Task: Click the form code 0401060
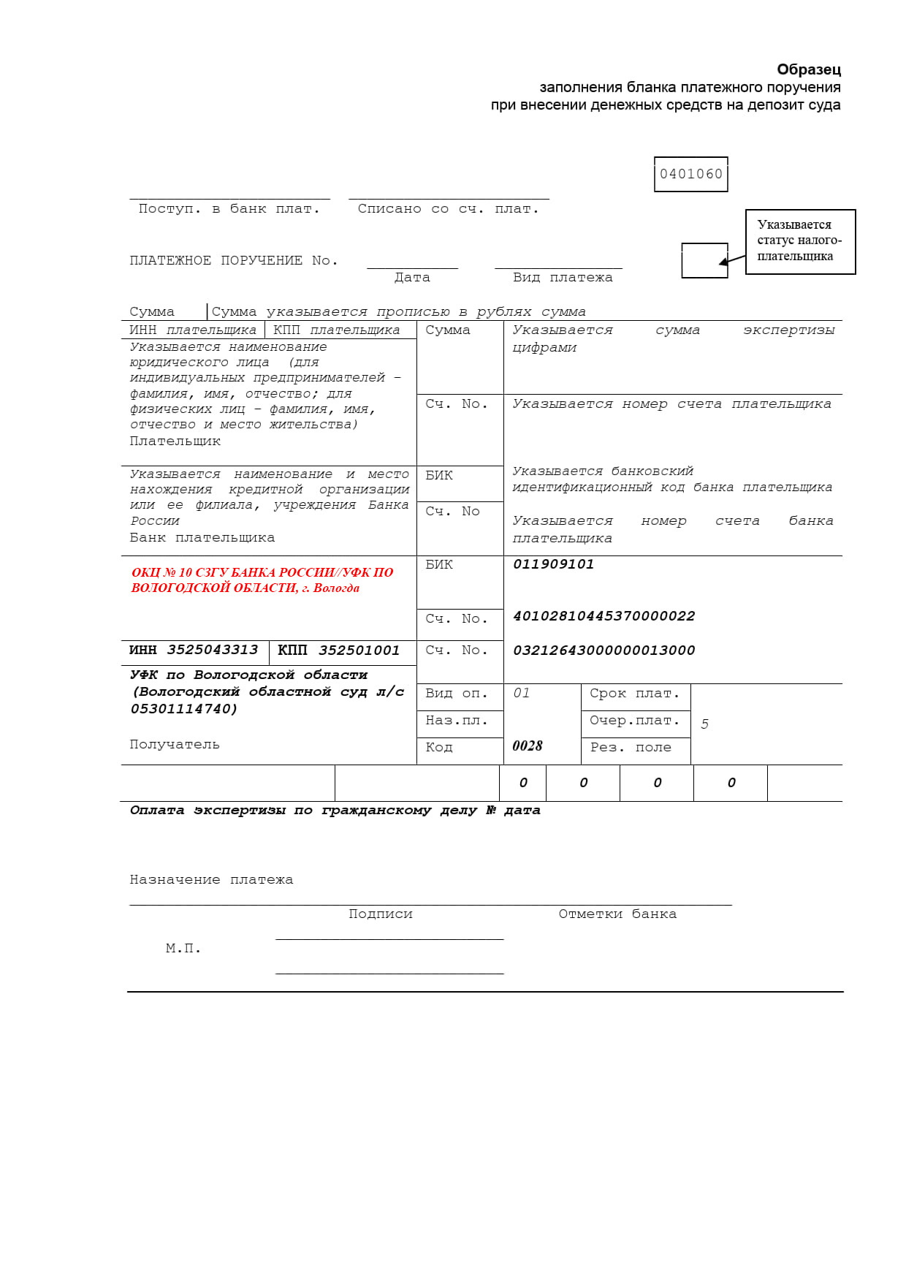[x=690, y=174]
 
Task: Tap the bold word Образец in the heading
[x=809, y=69]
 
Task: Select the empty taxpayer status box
[x=704, y=260]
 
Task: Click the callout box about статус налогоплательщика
[x=800, y=241]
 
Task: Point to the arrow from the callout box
[x=733, y=259]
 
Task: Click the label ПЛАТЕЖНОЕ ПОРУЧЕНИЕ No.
[x=234, y=261]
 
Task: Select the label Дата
[x=412, y=278]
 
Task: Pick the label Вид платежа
[x=563, y=278]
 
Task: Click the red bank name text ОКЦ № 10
[x=262, y=580]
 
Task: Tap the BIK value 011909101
[x=553, y=564]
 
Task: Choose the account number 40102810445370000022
[x=604, y=616]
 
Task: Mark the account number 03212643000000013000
[x=604, y=651]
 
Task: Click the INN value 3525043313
[x=212, y=650]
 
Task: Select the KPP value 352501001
[x=359, y=651]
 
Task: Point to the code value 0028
[x=528, y=746]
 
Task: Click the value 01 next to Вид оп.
[x=521, y=693]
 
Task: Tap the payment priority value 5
[x=704, y=724]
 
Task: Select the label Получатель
[x=175, y=745]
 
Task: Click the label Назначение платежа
[x=211, y=880]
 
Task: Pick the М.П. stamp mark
[x=183, y=949]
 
